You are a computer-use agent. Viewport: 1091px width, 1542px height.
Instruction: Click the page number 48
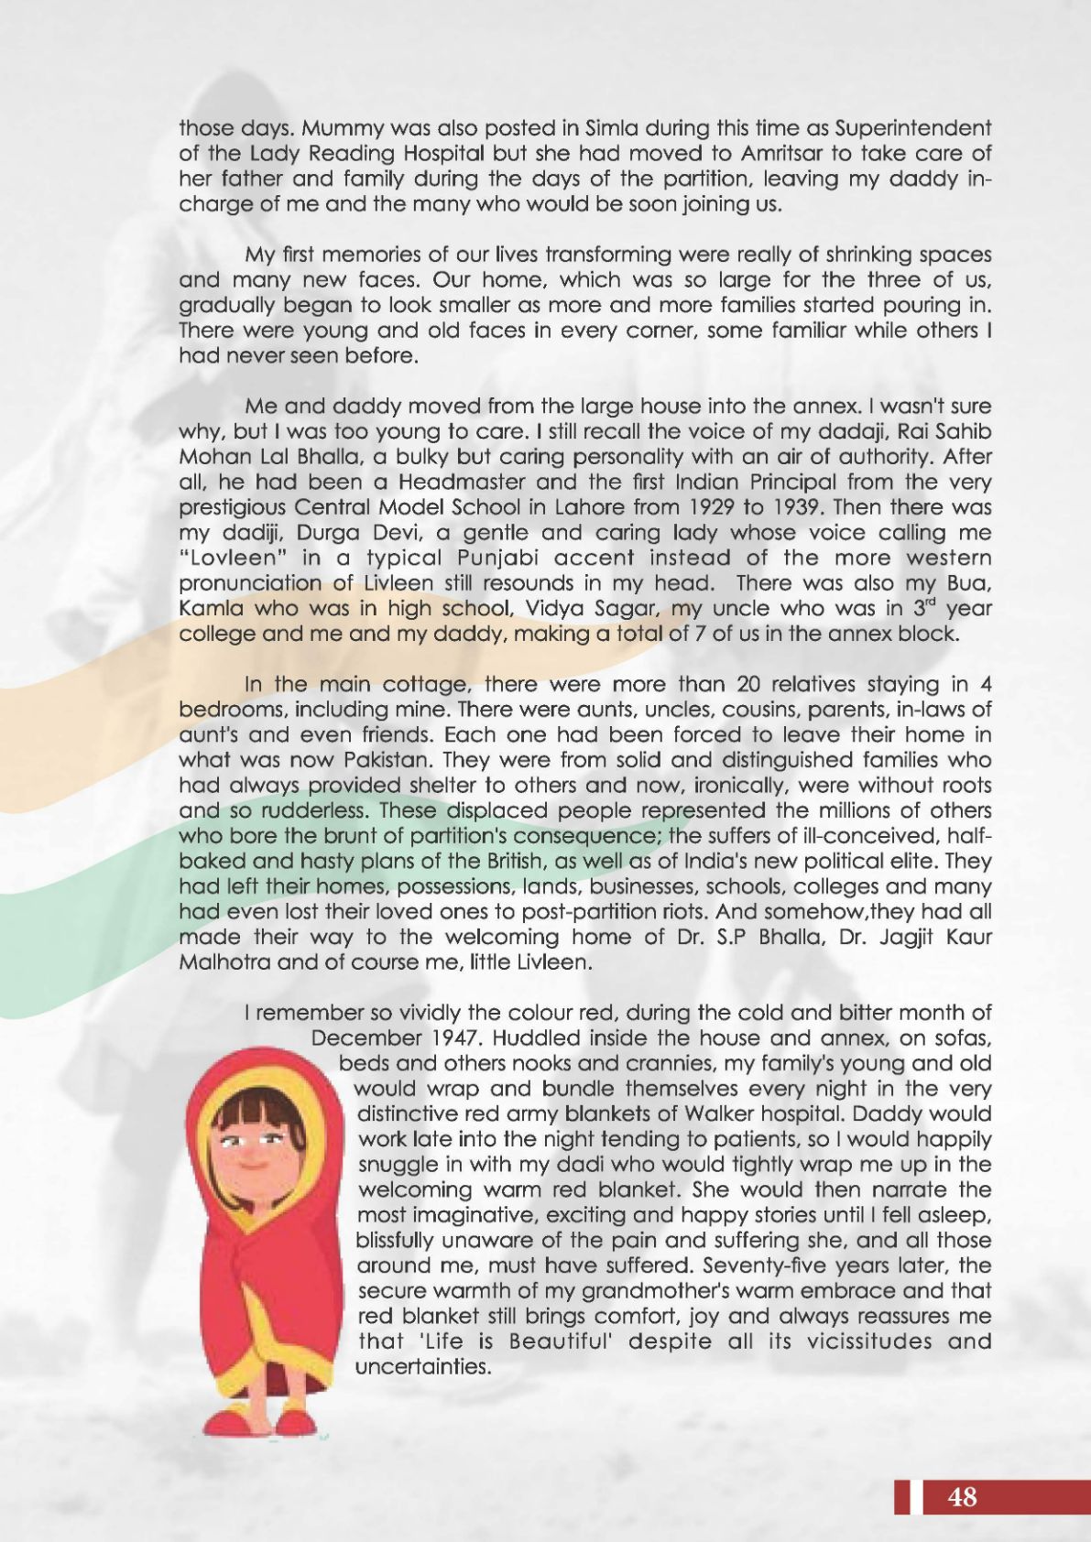[963, 1496]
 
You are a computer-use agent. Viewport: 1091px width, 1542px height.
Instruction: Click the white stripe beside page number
[916, 1496]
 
